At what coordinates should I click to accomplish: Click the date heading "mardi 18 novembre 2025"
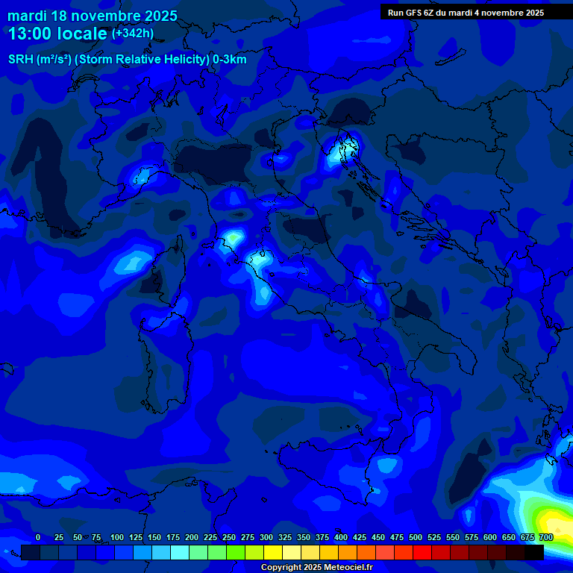(x=93, y=16)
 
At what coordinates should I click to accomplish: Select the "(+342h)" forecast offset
(x=132, y=33)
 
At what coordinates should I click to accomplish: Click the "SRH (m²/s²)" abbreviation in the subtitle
(x=40, y=60)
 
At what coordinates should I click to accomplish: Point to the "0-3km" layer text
(x=230, y=60)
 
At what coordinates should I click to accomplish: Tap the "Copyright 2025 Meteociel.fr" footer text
(x=316, y=568)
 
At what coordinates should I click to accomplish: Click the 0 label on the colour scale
(x=38, y=537)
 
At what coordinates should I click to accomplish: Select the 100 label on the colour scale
(x=117, y=537)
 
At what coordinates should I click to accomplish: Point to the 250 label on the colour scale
(x=229, y=537)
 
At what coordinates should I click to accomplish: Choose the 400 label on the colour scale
(x=341, y=537)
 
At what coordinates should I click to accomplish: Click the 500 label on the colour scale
(x=416, y=537)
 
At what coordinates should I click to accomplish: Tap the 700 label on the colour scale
(x=546, y=537)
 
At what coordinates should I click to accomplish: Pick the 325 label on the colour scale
(x=285, y=537)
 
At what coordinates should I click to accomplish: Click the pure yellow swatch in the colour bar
(x=273, y=552)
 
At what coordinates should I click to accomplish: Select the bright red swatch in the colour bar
(x=422, y=552)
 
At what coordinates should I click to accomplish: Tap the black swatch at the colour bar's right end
(x=534, y=552)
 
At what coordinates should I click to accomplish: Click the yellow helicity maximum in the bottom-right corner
(x=554, y=521)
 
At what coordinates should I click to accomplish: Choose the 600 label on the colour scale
(x=490, y=537)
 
